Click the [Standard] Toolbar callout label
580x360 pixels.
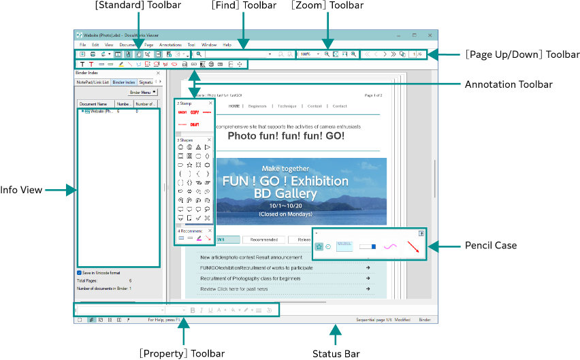[x=138, y=6]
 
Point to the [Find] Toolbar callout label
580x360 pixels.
[x=244, y=6]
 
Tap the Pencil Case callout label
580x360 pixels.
[x=489, y=245]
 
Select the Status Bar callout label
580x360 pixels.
[x=336, y=353]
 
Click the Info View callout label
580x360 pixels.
[x=21, y=190]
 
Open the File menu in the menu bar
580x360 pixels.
[x=82, y=44]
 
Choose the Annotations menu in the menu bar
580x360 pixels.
[x=170, y=44]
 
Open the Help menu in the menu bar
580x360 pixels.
[x=227, y=44]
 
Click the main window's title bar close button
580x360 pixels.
[x=430, y=35]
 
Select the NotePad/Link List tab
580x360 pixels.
[x=92, y=82]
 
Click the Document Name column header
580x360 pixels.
[x=93, y=104]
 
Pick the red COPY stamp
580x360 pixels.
[x=195, y=112]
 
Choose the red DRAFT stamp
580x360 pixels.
[x=195, y=125]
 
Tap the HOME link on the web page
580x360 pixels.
[x=234, y=106]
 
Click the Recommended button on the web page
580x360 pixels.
[x=263, y=240]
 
